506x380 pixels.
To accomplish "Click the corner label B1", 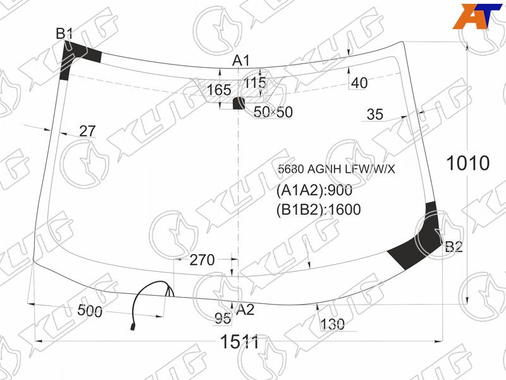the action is click(65, 34).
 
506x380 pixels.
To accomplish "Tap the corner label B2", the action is click(454, 247).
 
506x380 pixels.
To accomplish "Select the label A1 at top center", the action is click(241, 61).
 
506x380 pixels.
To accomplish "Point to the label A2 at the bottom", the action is click(245, 310).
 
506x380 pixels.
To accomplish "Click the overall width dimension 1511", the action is click(240, 342).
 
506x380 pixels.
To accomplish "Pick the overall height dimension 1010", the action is click(468, 163).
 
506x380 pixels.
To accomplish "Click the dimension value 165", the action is click(219, 90).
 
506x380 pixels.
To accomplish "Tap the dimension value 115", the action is click(255, 83).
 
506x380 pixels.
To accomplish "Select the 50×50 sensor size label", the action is click(273, 112).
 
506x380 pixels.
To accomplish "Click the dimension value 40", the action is click(359, 83).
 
